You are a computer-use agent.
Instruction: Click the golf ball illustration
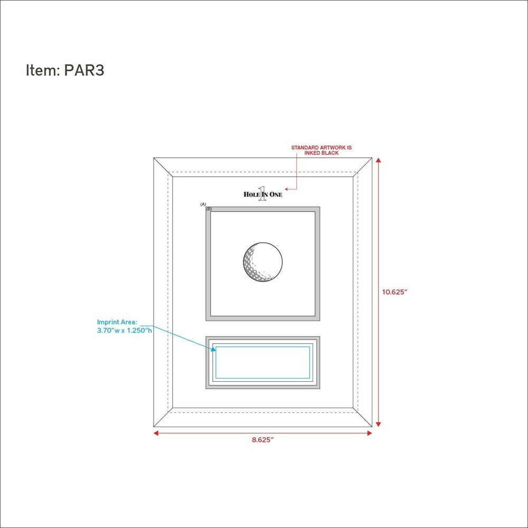tap(262, 262)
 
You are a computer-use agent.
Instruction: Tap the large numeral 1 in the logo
tap(262, 194)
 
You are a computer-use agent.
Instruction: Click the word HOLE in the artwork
tap(251, 194)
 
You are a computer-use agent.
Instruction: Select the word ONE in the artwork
tap(276, 194)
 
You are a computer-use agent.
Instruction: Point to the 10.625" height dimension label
tap(394, 292)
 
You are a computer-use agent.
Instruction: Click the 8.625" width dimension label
tap(263, 440)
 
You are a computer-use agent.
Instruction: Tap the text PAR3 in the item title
tap(84, 70)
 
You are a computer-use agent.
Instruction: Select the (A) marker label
tap(203, 204)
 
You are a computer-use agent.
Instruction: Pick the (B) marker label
tap(209, 209)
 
